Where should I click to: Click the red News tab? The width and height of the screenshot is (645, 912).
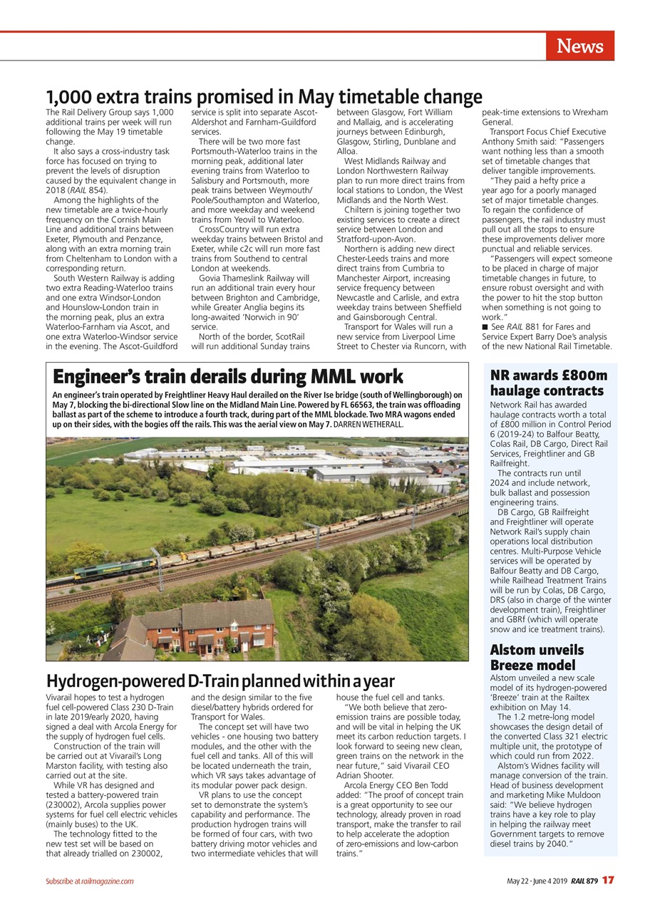pos(579,46)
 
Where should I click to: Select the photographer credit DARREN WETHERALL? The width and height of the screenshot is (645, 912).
pos(368,424)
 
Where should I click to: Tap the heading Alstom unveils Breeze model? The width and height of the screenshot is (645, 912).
pos(536,657)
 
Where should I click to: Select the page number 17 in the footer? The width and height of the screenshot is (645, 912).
pos(607,881)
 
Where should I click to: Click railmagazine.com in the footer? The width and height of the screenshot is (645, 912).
pos(107,881)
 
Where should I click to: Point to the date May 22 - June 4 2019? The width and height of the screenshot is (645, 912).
pos(537,881)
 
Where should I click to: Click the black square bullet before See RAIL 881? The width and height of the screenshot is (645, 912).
pos(485,327)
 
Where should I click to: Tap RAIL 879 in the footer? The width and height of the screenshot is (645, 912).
pos(583,881)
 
